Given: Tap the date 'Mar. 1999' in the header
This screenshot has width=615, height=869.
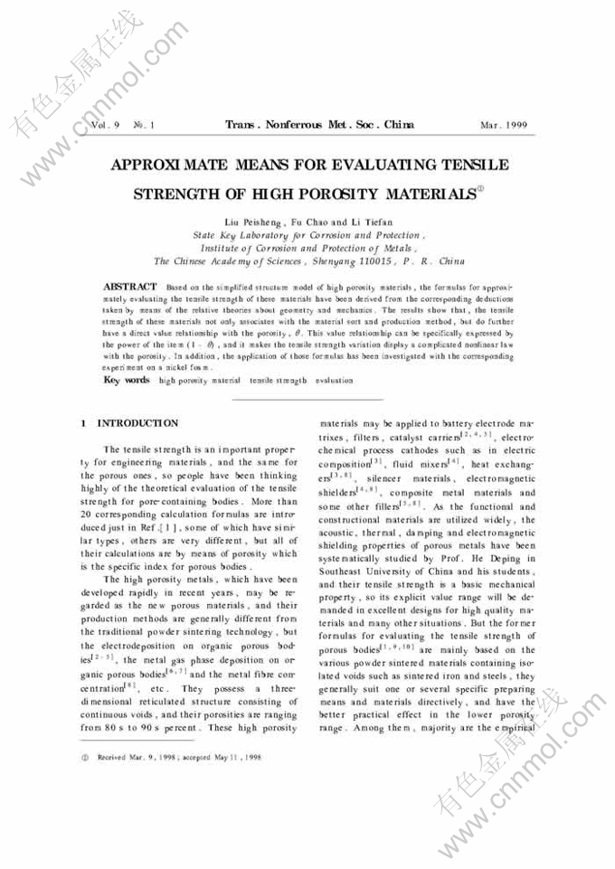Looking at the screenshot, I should click(x=504, y=125).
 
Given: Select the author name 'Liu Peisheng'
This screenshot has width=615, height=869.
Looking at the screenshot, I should click(x=253, y=222).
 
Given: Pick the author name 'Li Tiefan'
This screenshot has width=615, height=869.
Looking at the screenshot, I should click(x=365, y=222).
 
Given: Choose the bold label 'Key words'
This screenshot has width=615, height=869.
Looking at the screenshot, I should click(x=127, y=380).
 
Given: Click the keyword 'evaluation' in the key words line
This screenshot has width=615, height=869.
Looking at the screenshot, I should click(x=335, y=381).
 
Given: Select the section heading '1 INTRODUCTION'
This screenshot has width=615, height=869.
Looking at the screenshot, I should click(x=130, y=423).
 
